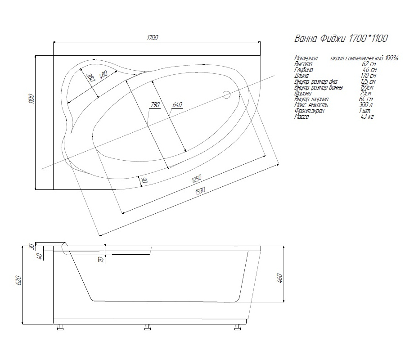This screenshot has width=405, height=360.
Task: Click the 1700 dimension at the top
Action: click(x=152, y=37)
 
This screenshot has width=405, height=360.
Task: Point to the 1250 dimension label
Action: click(x=196, y=179)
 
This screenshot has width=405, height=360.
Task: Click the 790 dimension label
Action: click(x=155, y=105)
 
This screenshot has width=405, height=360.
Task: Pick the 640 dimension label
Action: click(x=177, y=105)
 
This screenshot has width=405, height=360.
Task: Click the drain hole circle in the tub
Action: click(x=227, y=95)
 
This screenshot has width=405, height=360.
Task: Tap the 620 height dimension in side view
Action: click(x=18, y=281)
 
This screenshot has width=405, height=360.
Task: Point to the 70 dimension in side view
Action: click(x=101, y=259)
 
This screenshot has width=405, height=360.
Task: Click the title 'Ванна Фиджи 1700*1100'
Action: click(x=341, y=39)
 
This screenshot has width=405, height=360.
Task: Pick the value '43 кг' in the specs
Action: click(x=367, y=117)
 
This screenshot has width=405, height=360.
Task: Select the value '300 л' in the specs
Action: click(x=367, y=105)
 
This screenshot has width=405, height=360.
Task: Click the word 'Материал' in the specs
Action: click(x=306, y=58)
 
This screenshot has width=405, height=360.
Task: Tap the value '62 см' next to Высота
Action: click(x=369, y=64)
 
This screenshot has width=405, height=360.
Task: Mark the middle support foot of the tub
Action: click(x=147, y=328)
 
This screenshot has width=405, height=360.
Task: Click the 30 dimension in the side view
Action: click(x=31, y=246)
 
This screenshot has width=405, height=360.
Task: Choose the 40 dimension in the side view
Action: click(x=40, y=256)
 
